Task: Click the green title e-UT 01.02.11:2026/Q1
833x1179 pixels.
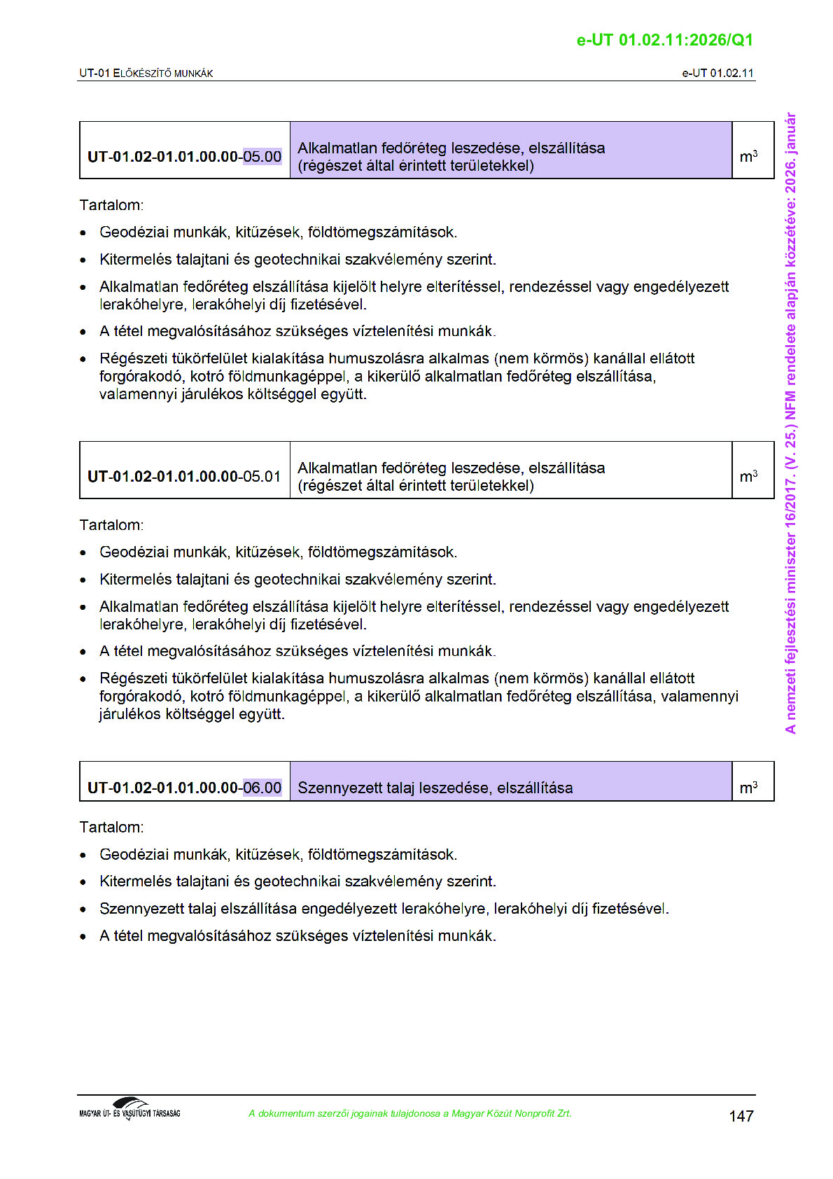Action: tap(664, 40)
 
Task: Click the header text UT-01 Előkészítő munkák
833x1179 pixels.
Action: tap(146, 73)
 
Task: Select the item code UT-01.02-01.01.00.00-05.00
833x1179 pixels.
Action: tap(184, 157)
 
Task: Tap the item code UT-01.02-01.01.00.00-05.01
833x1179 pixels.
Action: tap(184, 477)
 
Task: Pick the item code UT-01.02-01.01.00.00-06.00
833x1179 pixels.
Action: tap(184, 788)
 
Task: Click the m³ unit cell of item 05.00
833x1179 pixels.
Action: tap(748, 156)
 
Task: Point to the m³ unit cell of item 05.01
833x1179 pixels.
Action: tap(748, 476)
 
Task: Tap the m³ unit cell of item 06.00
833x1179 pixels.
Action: tap(748, 788)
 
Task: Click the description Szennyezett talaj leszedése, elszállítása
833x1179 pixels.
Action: tap(435, 788)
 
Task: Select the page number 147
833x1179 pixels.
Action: tap(741, 1116)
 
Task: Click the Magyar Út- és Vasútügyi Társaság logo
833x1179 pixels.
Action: tap(129, 1109)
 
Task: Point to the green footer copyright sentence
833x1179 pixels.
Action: tap(409, 1113)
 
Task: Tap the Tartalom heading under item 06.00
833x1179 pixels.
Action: tap(111, 827)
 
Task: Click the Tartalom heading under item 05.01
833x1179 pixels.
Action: tap(111, 525)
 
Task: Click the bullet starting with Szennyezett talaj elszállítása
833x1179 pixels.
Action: tap(384, 909)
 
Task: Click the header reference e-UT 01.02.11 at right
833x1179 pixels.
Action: tap(717, 73)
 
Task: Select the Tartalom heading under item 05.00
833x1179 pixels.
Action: tap(111, 205)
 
